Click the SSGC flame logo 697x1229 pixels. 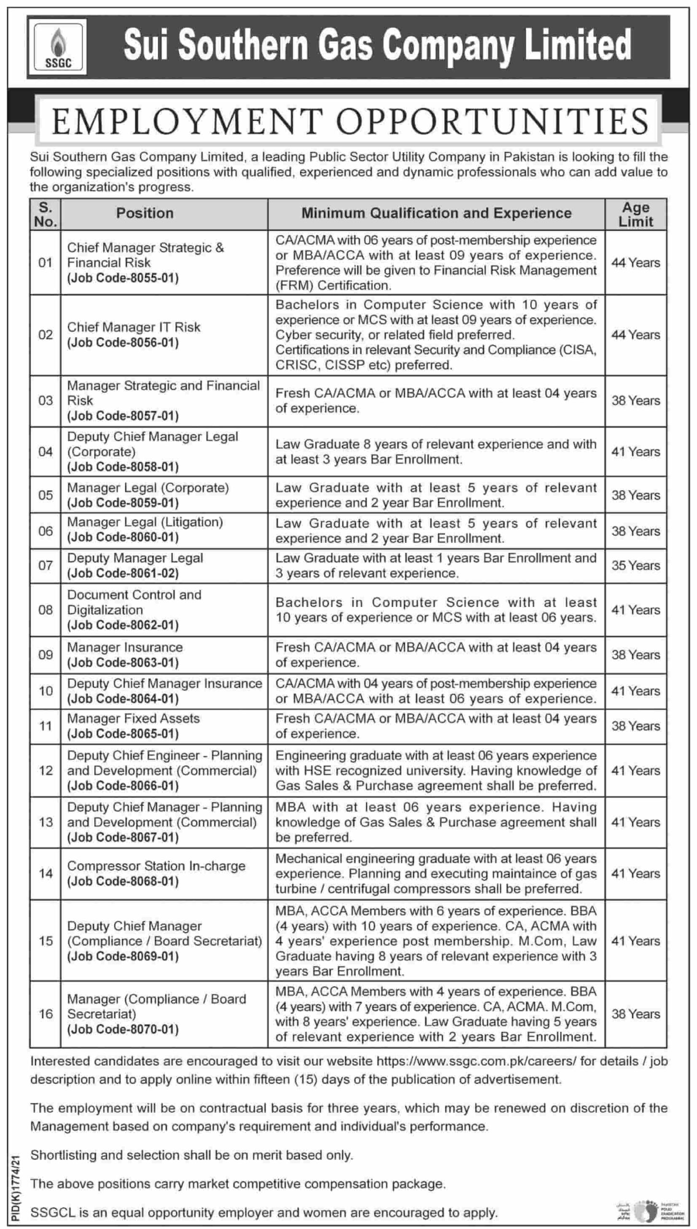click(58, 47)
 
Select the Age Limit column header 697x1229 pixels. click(636, 214)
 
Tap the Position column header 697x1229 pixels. click(144, 213)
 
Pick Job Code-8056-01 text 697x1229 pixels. click(123, 342)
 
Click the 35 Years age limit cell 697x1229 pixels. click(636, 566)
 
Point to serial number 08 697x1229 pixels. click(46, 610)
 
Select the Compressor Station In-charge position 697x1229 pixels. click(156, 866)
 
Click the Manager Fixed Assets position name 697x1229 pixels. click(133, 718)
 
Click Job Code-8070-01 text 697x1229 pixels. click(123, 1029)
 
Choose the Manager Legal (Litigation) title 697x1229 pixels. click(145, 522)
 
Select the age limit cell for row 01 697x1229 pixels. click(636, 263)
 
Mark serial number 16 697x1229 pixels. click(46, 1014)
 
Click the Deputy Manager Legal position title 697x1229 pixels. click(135, 558)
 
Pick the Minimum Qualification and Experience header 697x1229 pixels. click(436, 213)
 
